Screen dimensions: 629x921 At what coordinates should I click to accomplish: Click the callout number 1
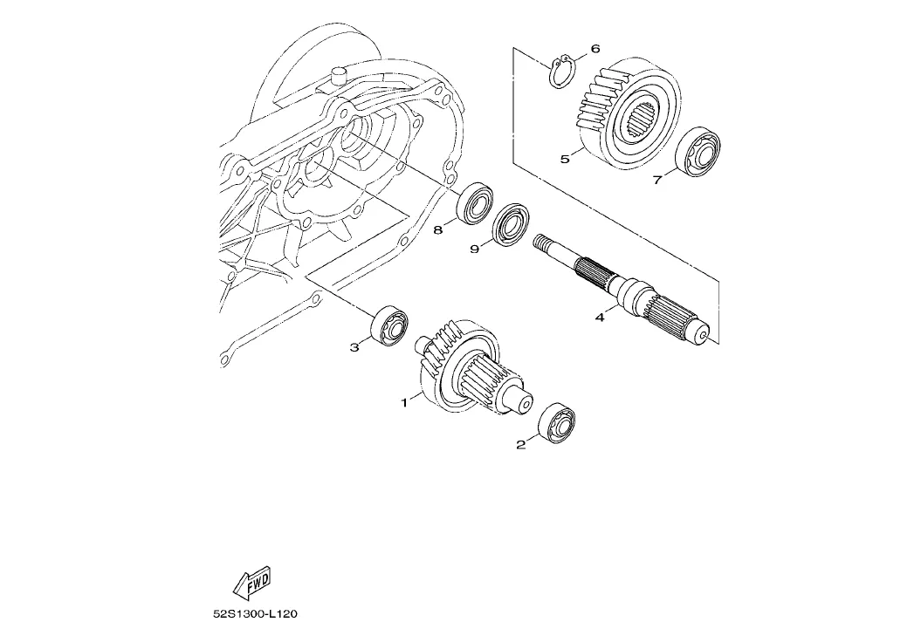(x=404, y=403)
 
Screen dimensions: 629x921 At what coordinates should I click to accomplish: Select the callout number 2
(x=520, y=445)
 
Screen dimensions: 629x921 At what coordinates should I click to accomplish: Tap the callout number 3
(x=354, y=347)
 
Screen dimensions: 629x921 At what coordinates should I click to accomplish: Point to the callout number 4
(x=600, y=318)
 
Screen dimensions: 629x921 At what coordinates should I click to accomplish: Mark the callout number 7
(x=657, y=180)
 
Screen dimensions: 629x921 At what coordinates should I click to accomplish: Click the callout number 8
(x=438, y=229)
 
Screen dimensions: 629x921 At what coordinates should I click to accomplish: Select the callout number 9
(x=475, y=250)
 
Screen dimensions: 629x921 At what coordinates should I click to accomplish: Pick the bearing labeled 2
(x=559, y=425)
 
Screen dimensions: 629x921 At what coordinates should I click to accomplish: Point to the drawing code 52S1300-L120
(x=256, y=614)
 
